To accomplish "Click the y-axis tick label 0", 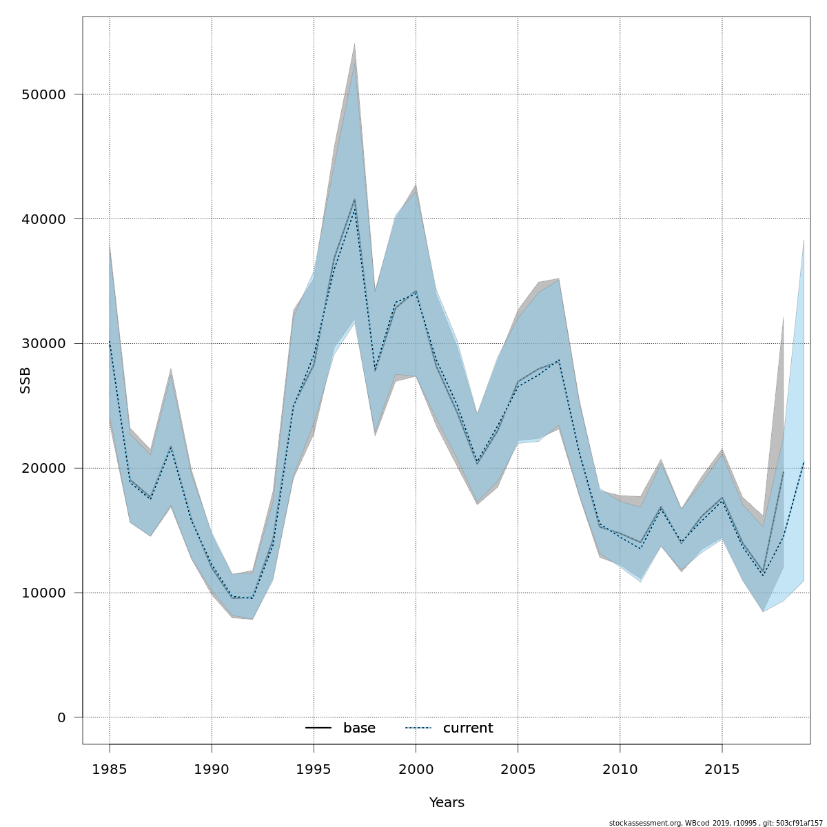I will (x=61, y=717).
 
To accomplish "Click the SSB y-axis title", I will (x=25, y=380).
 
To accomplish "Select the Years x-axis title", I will (x=447, y=803).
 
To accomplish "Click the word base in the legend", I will (x=359, y=728).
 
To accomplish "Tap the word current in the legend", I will (x=468, y=728).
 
